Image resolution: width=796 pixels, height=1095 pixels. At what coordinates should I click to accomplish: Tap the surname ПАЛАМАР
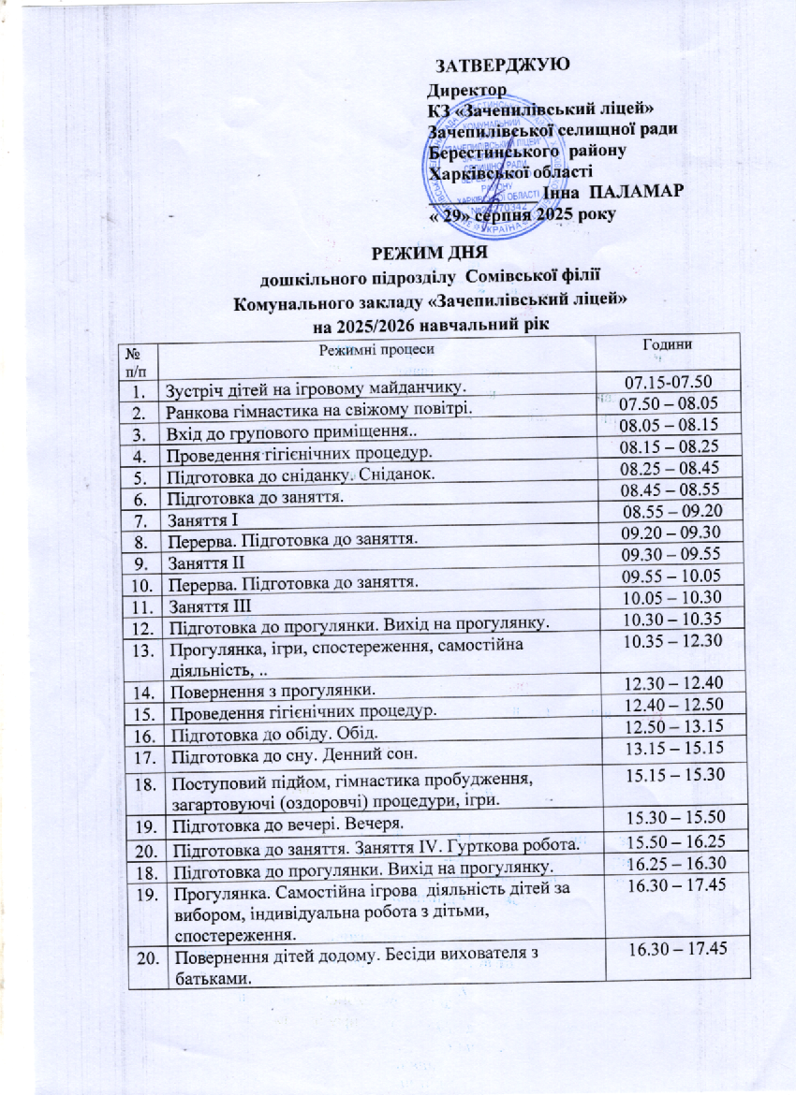pyautogui.click(x=639, y=191)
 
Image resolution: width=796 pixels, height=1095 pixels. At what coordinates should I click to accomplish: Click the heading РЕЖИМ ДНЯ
pyautogui.click(x=429, y=254)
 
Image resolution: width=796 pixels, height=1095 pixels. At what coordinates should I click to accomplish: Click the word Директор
pyautogui.click(x=465, y=91)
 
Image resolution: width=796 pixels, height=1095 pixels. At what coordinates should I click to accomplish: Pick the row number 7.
pyautogui.click(x=139, y=519)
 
